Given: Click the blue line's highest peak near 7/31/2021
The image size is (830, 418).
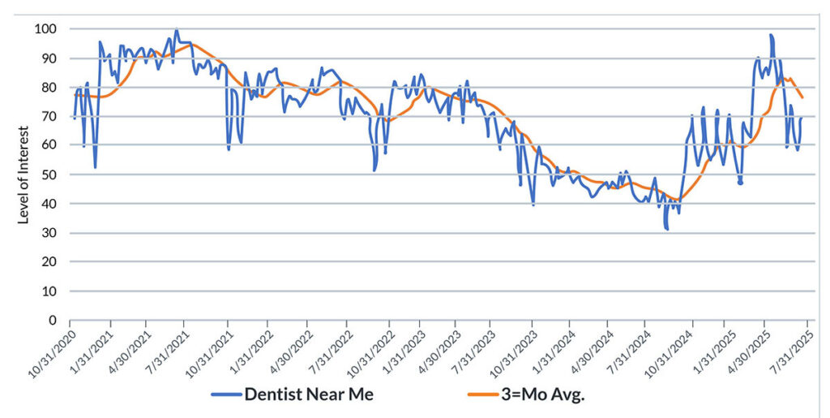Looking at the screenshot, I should [176, 31].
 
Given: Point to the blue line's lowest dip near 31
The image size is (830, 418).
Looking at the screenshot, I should [666, 229].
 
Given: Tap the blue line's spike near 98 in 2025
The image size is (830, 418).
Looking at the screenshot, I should [771, 35].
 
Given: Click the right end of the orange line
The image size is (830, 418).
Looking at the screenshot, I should [802, 98].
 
